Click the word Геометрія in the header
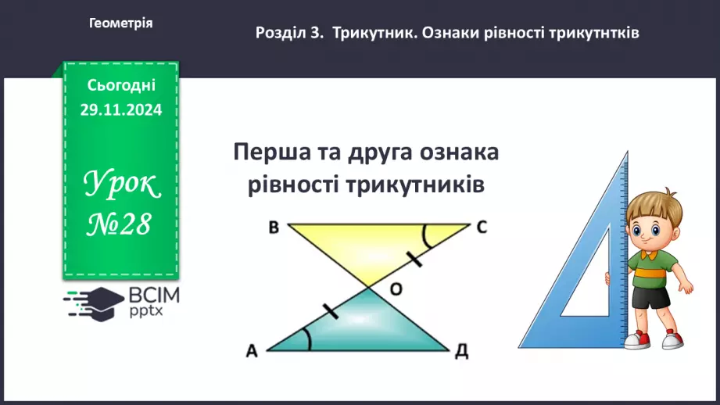(120, 23)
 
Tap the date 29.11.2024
(120, 110)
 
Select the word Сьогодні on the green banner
(121, 84)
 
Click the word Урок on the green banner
(121, 186)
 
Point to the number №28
(120, 226)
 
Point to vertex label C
(482, 228)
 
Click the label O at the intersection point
(396, 289)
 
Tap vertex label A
(252, 353)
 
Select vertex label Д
(463, 353)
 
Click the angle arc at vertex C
(426, 233)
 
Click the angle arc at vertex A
(307, 338)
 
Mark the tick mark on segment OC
(415, 257)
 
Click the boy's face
(650, 228)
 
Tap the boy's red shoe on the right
(672, 339)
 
